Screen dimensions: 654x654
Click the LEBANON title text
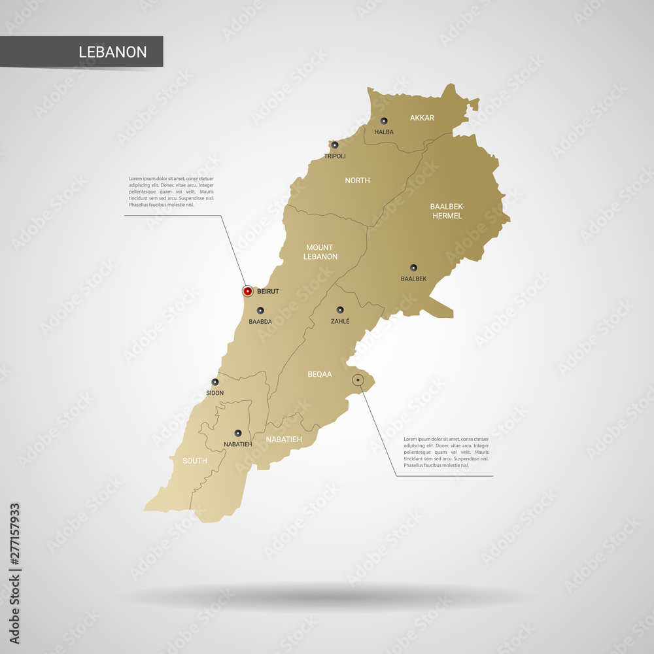pos(112,52)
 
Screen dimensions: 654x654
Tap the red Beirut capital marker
pos(247,291)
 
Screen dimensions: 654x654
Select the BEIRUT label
pos(268,292)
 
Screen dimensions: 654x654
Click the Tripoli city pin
pos(335,145)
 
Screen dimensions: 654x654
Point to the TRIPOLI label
pos(335,156)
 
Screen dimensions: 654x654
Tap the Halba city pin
pos(384,121)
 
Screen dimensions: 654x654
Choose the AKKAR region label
pos(422,118)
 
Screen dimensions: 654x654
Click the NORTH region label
pos(358,180)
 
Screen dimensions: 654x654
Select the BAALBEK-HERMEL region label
pos(446,211)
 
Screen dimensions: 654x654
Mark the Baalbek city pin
pos(413,267)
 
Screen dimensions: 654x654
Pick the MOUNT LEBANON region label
pos(320,252)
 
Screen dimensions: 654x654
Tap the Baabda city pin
pos(260,311)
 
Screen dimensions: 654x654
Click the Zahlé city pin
pos(340,310)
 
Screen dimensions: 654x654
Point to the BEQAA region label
pos(320,375)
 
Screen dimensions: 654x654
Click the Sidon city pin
pos(215,383)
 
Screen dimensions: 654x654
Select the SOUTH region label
pos(195,460)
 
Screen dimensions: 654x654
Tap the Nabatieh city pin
pos(237,433)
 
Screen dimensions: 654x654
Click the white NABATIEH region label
pos(284,439)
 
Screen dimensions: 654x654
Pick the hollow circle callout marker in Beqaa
pos(358,380)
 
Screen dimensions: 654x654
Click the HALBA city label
pos(384,132)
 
